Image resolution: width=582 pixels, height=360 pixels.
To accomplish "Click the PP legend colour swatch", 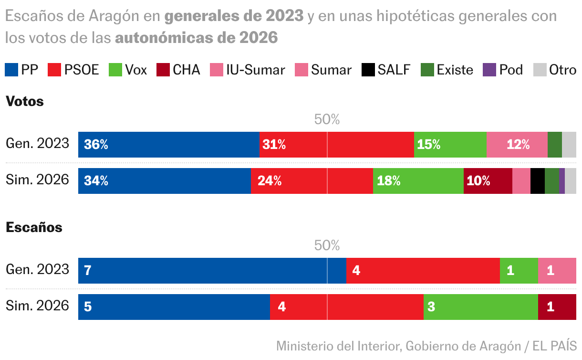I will (11, 70).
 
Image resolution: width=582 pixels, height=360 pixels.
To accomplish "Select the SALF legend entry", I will (386, 70).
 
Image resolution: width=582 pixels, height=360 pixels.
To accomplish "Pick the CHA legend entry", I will (178, 70).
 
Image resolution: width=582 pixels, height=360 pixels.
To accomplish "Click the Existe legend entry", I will (447, 70).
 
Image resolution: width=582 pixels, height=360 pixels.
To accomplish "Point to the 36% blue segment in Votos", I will (169, 145).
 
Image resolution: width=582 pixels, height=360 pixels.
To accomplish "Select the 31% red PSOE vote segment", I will (336, 145).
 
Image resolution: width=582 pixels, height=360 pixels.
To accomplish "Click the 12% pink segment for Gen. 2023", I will (517, 145).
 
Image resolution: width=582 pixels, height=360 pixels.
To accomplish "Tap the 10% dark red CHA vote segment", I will (488, 181).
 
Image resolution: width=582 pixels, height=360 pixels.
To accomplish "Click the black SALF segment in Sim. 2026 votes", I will (537, 181).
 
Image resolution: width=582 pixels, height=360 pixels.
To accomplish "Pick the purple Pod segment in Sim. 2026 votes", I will (561, 181).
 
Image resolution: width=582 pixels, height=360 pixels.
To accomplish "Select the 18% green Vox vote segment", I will (418, 181).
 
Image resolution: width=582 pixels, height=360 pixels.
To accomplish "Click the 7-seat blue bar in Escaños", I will (212, 271).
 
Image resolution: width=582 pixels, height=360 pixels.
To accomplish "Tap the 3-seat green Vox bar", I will (480, 307).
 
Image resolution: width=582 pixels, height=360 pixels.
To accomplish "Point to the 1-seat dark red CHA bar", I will (557, 307).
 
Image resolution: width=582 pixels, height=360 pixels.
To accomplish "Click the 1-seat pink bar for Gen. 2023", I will (557, 271).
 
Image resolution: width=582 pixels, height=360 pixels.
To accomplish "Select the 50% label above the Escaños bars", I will (327, 245).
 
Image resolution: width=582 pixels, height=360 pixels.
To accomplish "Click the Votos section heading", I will (24, 101).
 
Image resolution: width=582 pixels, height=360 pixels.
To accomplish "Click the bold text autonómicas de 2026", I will (196, 38).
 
